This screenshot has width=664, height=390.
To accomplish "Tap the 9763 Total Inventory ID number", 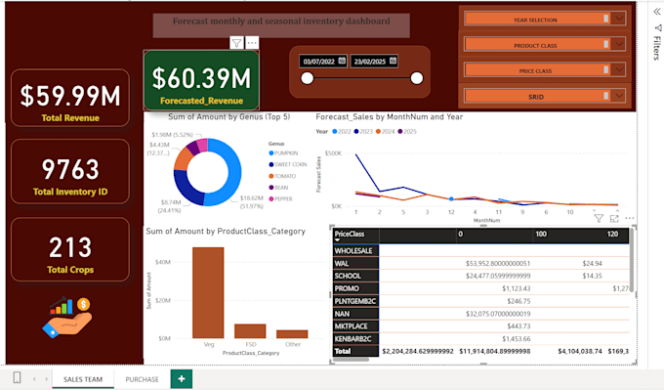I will click(70, 168).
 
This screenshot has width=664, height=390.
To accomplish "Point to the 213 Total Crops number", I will click(70, 246).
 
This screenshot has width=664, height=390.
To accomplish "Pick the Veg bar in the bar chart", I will click(208, 292).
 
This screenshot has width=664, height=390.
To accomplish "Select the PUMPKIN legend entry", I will click(286, 152).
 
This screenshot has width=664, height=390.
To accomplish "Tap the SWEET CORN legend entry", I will click(290, 164).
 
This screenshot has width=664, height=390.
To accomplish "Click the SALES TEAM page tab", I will click(82, 378).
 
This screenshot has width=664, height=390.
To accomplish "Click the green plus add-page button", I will click(181, 378).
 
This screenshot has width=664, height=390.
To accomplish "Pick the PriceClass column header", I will click(350, 235).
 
